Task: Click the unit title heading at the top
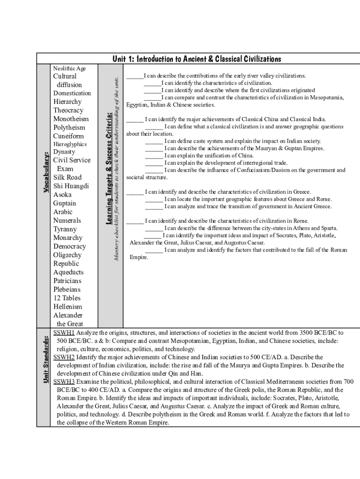[197, 59]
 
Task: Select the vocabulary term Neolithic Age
[69, 68]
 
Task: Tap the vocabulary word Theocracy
[68, 110]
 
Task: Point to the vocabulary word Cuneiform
[69, 136]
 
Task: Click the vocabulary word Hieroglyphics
[70, 144]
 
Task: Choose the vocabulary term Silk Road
[67, 177]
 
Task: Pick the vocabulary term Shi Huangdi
[71, 186]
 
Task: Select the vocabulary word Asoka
[63, 195]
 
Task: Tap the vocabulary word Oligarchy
[67, 255]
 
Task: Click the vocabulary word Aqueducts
[68, 272]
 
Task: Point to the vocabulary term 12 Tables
[67, 298]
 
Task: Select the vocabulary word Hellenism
[68, 307]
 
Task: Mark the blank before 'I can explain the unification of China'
[154, 156]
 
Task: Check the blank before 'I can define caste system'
[154, 141]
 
